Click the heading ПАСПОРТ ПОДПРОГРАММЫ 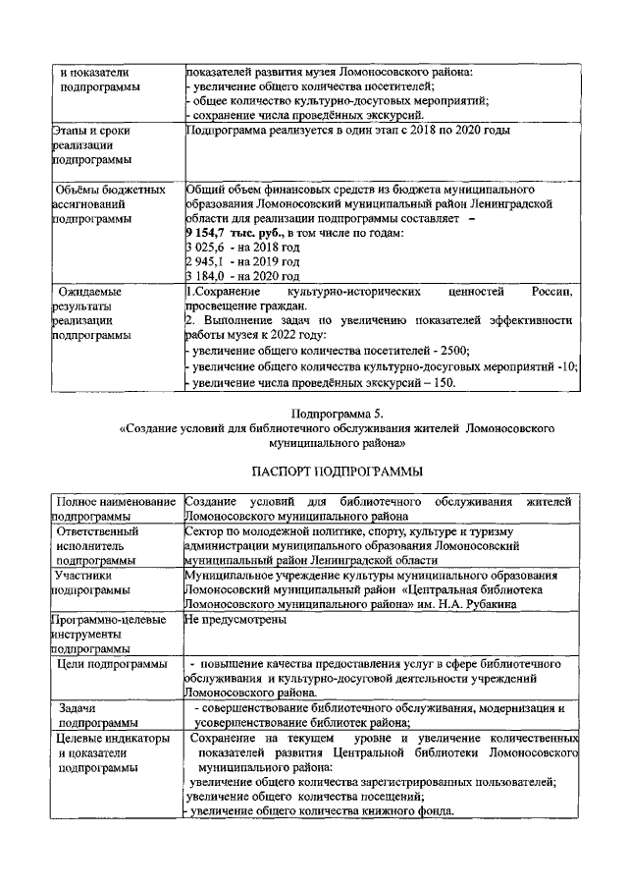pos(314,470)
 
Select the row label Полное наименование pos(115,502)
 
